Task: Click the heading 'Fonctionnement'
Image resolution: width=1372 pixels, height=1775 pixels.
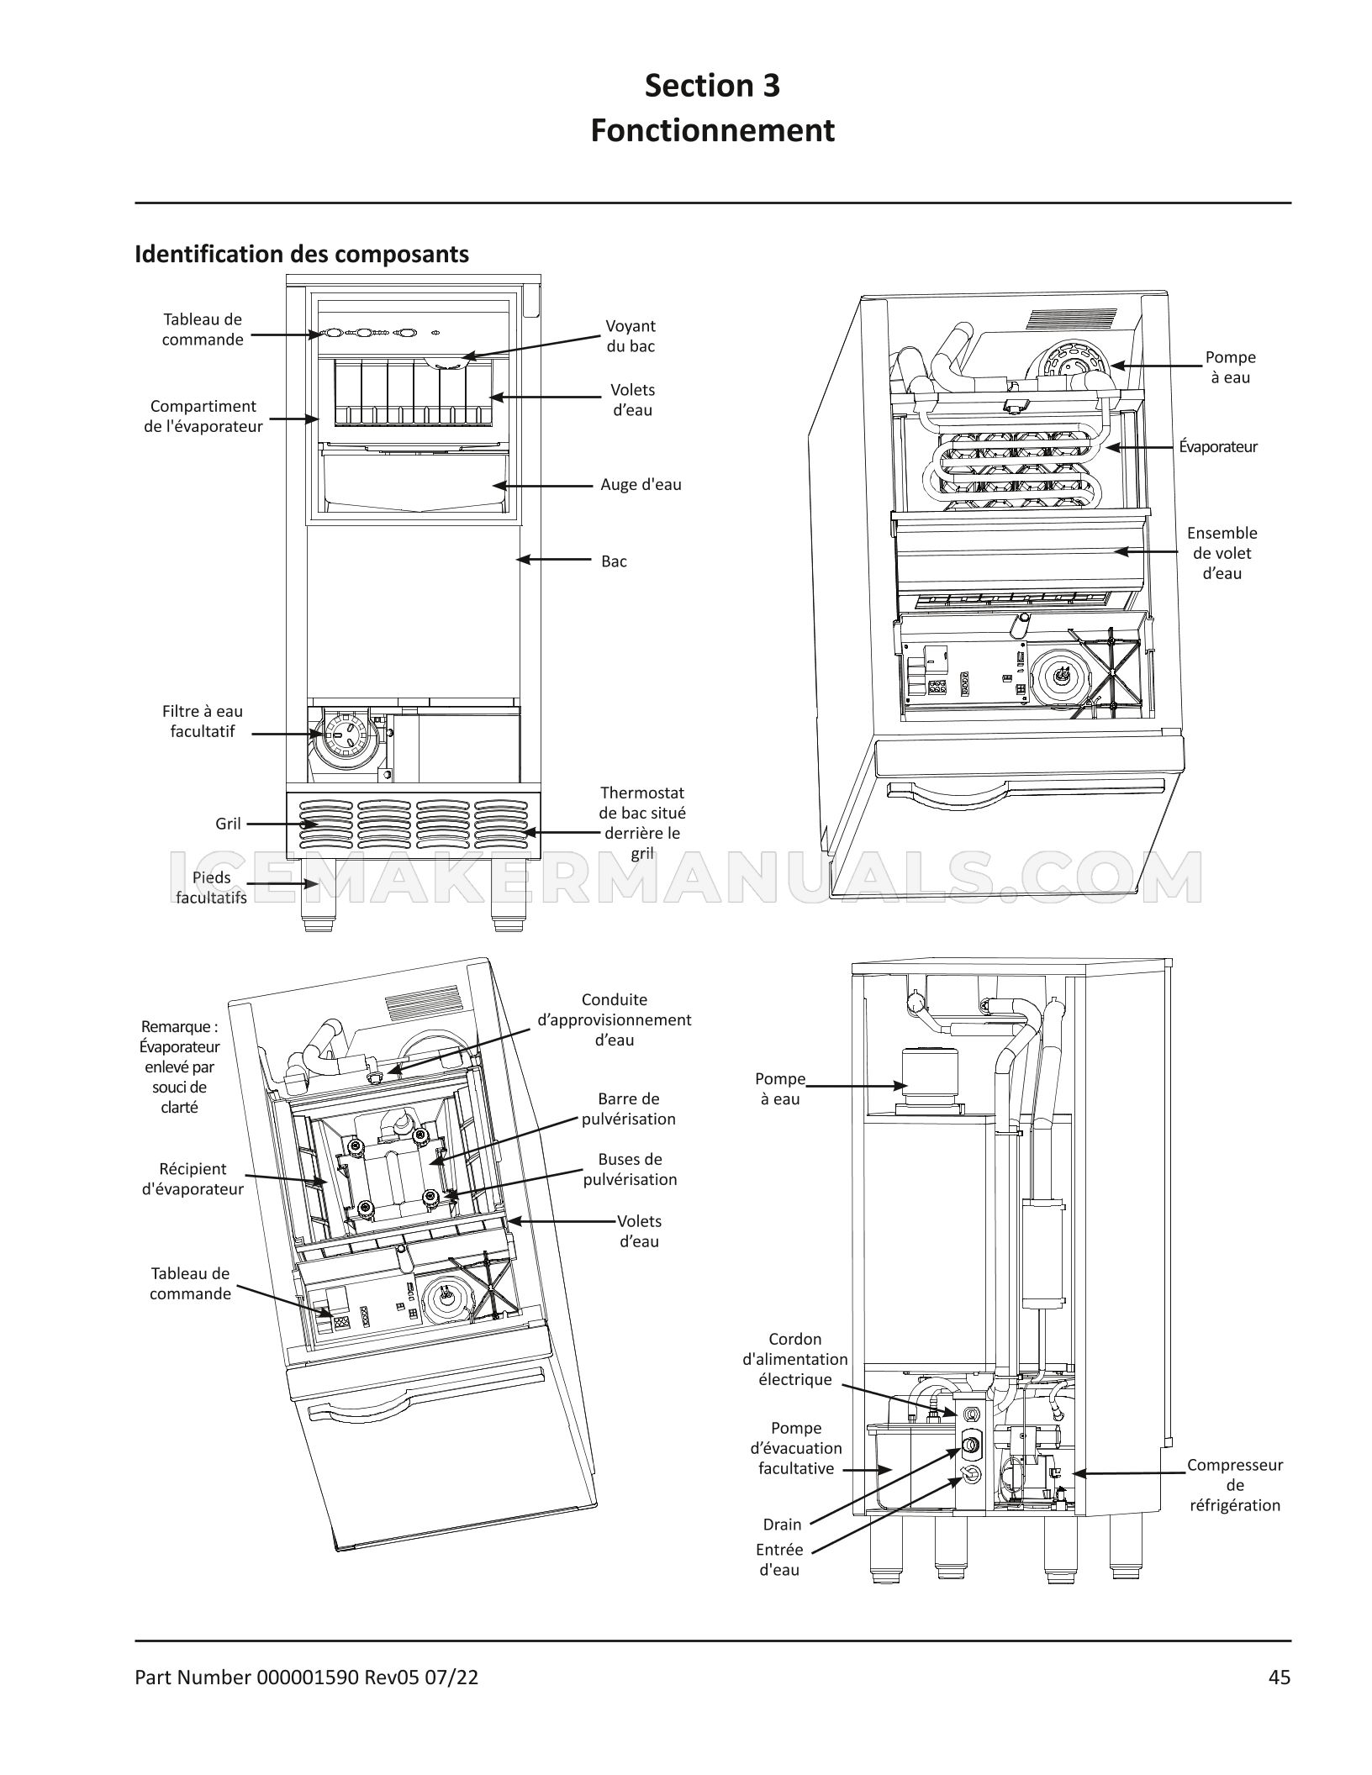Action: point(712,131)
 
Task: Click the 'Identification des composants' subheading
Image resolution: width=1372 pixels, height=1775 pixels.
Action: point(302,254)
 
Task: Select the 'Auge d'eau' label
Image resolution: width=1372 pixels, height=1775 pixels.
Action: point(641,485)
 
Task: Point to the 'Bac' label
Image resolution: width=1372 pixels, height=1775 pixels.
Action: point(614,561)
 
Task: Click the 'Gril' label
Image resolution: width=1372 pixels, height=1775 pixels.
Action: point(228,824)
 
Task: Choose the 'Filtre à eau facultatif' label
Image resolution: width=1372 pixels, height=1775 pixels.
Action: point(203,721)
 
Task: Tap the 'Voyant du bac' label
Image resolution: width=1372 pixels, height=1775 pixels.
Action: point(631,336)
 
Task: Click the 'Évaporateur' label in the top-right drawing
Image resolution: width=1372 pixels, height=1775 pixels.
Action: point(1217,446)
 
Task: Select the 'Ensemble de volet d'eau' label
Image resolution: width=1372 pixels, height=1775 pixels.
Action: point(1222,553)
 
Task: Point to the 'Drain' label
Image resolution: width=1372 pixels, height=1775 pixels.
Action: point(782,1525)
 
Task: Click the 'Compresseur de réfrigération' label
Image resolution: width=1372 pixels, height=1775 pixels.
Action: point(1234,1485)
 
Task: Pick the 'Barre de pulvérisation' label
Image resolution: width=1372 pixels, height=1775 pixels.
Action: point(629,1109)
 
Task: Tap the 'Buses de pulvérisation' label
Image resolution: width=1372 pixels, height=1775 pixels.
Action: point(630,1169)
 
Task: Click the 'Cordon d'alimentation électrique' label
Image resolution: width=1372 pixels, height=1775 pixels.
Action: point(794,1359)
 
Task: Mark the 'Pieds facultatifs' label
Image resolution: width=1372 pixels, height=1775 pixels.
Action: point(211,887)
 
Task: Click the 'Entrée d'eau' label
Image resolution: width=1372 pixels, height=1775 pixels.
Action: point(779,1560)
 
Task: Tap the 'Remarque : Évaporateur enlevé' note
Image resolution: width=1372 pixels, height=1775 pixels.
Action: point(179,1067)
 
